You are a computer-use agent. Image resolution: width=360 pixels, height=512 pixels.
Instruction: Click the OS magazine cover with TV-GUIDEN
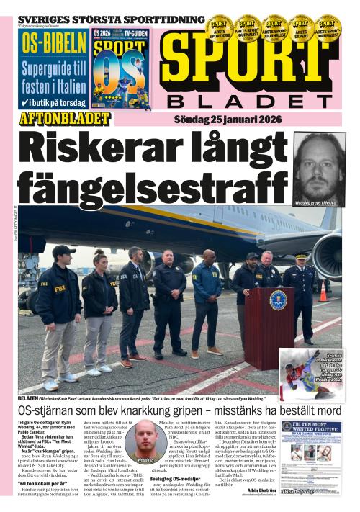click(x=120, y=68)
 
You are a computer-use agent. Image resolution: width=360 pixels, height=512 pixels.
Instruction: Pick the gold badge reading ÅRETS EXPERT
click(x=302, y=27)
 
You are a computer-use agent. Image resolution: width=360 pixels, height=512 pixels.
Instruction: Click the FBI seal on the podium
click(x=278, y=300)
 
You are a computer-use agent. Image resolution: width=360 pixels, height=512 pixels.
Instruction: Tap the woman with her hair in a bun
click(x=99, y=302)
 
